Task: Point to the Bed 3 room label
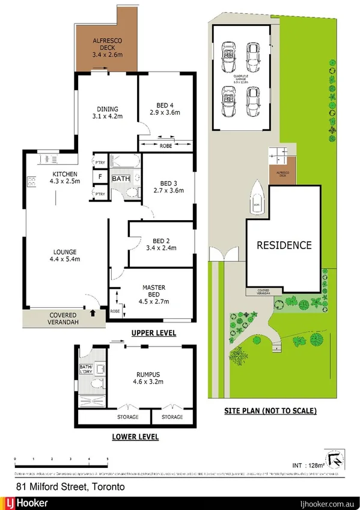pos(164,186)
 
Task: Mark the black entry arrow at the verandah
pos(92,313)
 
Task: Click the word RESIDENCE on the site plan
pos(284,245)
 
